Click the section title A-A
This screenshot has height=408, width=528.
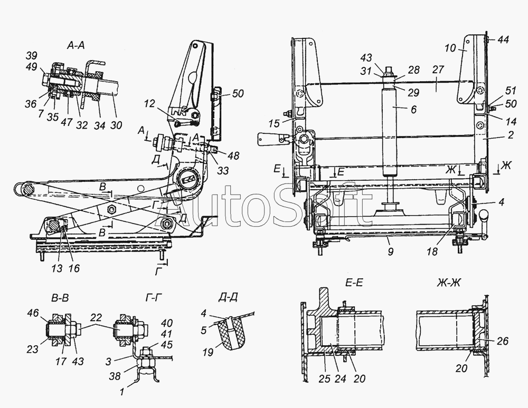pyautogui.click(x=76, y=45)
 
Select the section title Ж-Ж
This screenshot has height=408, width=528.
pyautogui.click(x=448, y=283)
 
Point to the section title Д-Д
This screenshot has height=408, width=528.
pyautogui.click(x=228, y=297)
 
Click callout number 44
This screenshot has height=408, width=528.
pyautogui.click(x=503, y=40)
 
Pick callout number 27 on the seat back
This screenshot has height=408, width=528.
pyautogui.click(x=438, y=70)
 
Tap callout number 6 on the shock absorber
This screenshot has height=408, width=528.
pyautogui.click(x=414, y=110)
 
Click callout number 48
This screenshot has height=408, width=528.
pyautogui.click(x=233, y=156)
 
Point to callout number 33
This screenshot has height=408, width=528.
pyautogui.click(x=223, y=170)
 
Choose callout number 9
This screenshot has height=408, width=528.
pyautogui.click(x=390, y=251)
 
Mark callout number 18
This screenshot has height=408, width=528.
pyautogui.click(x=432, y=251)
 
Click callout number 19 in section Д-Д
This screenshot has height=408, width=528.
pyautogui.click(x=209, y=352)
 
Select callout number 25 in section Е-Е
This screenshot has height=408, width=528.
pyautogui.click(x=325, y=378)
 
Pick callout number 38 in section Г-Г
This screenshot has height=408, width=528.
pyautogui.click(x=115, y=376)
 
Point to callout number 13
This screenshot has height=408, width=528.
pyautogui.click(x=57, y=268)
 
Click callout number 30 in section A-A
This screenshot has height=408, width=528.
pyautogui.click(x=116, y=125)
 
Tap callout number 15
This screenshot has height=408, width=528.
pyautogui.click(x=275, y=123)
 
